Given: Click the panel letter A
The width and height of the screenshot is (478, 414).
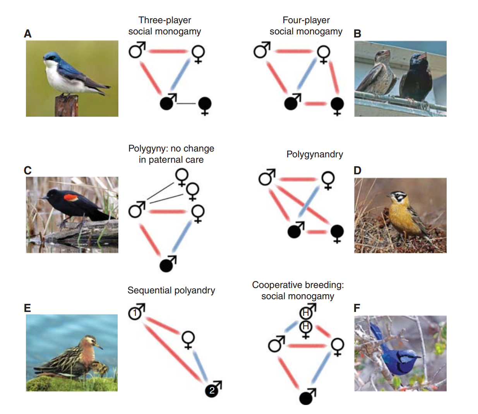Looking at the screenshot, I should click(x=27, y=34).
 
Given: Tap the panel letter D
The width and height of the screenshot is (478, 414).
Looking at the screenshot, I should click(x=357, y=170).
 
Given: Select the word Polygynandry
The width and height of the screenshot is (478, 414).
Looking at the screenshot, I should click(x=314, y=154).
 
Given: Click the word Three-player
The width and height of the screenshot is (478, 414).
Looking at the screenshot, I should click(x=165, y=20).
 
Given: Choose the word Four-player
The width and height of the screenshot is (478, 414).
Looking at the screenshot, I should click(x=306, y=20).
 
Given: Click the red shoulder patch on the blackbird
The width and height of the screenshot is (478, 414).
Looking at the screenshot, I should click(x=70, y=198).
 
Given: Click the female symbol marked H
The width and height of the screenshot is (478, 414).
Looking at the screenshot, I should click(x=306, y=327).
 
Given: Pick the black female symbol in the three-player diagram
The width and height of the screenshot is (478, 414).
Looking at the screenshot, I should click(x=205, y=104).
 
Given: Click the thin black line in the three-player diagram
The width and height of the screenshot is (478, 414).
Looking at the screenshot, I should click(x=187, y=104).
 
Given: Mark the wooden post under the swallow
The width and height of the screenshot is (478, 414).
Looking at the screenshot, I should click(x=66, y=106).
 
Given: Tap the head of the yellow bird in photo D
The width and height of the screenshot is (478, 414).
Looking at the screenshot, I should click(x=398, y=197).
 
